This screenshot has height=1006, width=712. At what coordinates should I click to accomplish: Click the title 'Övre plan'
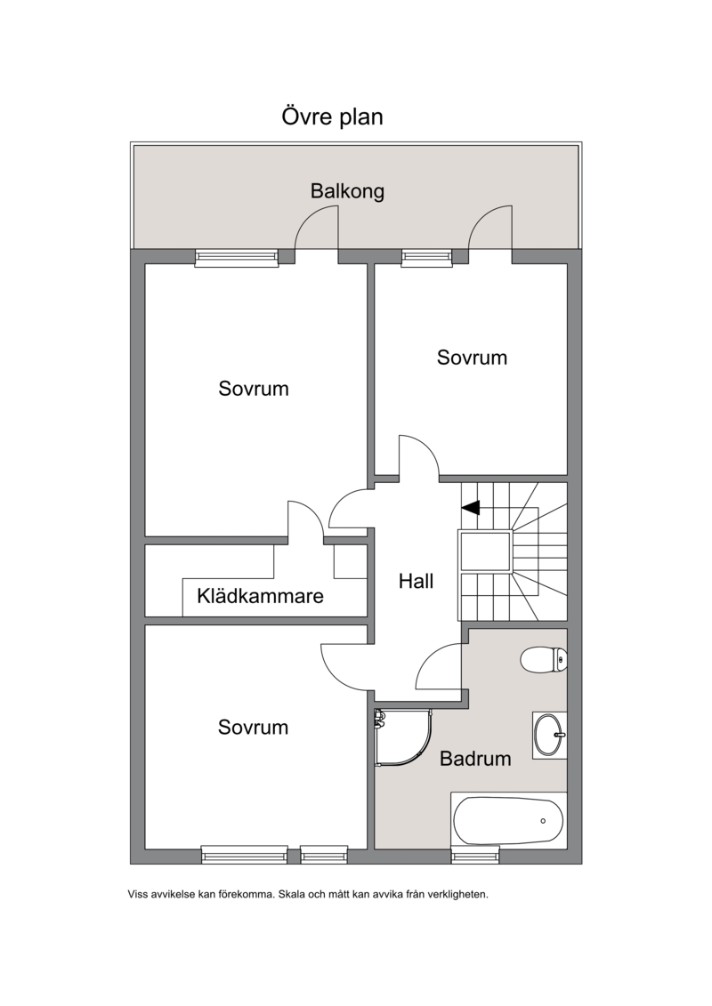332,117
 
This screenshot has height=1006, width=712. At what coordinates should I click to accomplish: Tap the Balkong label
347,191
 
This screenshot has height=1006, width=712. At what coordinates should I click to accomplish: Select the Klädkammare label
260,596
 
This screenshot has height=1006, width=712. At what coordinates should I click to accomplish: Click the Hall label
416,581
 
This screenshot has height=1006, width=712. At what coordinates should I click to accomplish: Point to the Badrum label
475,759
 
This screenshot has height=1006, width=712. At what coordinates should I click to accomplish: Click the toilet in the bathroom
544,659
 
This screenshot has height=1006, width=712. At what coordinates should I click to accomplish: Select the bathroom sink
549,736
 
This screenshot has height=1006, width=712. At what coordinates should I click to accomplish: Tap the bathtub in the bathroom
508,821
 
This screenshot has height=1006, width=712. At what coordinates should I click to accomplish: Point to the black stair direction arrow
471,508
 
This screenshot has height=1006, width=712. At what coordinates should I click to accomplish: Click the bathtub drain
543,821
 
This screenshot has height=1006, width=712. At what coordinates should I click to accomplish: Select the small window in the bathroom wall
475,855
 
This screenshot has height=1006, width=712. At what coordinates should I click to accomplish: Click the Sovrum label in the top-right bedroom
472,358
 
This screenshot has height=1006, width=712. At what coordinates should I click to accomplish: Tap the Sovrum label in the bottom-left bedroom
253,727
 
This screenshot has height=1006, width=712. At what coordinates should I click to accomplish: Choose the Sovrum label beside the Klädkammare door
254,389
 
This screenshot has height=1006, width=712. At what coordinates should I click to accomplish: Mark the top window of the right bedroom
427,257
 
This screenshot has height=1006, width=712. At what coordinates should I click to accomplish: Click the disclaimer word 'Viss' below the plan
137,894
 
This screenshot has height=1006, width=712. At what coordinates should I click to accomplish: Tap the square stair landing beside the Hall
485,551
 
